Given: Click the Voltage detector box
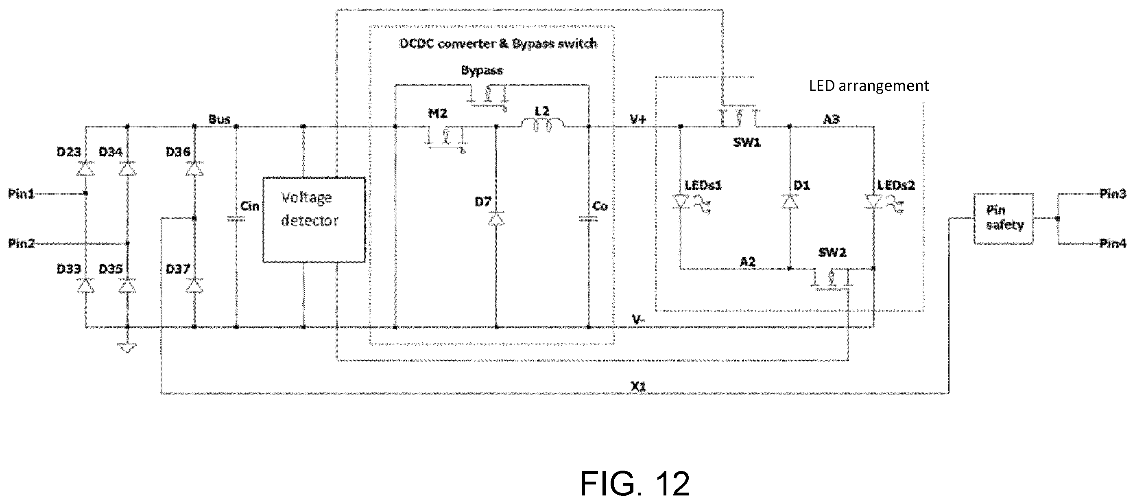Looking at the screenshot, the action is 314,220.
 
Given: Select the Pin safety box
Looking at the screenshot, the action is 1003,219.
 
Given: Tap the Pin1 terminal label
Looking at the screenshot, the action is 21,193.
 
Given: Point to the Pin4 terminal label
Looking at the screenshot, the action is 1113,243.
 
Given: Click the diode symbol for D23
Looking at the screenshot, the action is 85,169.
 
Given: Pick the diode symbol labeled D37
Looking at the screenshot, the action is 194,286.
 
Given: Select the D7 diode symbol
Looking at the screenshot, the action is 496,218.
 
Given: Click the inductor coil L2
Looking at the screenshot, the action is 542,125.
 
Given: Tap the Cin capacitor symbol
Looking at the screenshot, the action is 236,219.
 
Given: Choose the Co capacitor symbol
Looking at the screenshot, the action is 589,219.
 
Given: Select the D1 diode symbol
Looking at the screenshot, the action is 790,201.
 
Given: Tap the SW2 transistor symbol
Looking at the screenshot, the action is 831,279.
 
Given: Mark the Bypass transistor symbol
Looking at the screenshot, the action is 488,97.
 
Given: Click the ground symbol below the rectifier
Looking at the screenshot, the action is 127,348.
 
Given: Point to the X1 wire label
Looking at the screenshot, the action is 638,387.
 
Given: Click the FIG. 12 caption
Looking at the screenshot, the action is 635,484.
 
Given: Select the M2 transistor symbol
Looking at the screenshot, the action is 445,139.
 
